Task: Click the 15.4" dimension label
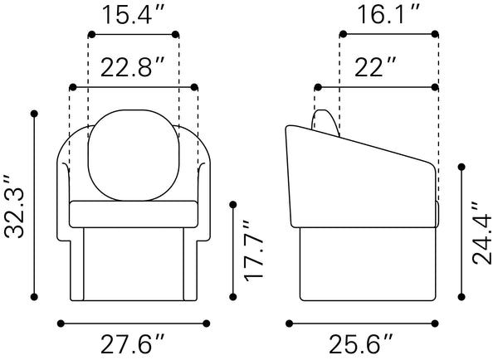pos(134,15)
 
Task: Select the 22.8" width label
pos(133,67)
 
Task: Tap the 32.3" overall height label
pos(14,206)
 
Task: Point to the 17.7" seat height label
pos(253,251)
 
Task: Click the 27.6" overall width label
pos(133,344)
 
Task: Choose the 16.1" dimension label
pos(388,15)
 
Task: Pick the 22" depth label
pos(375,67)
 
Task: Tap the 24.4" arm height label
pos(481,233)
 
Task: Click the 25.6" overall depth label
pos(361,344)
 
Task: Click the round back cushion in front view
pos(134,155)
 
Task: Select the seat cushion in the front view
pos(134,214)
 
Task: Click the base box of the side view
pos(368,264)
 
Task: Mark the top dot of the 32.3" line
pos(34,114)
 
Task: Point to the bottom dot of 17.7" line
pos(233,297)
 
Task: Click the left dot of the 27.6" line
pos(61,324)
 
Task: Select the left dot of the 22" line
pos(318,87)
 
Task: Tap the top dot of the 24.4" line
pos(461,167)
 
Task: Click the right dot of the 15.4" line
pos(175,34)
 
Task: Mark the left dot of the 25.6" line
pos(289,324)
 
